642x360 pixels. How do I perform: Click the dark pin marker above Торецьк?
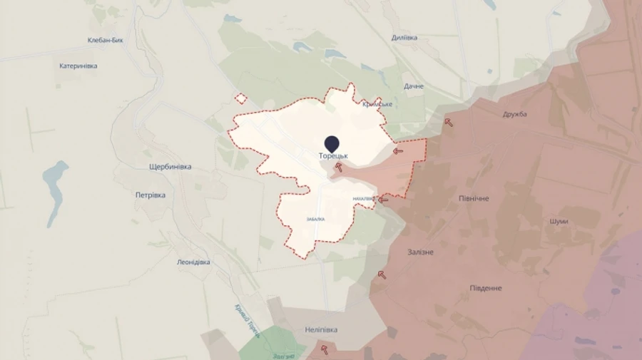pyautogui.click(x=332, y=143)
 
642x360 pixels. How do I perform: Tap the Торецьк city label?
pyautogui.click(x=333, y=155)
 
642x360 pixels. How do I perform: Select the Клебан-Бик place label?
pyautogui.click(x=106, y=41)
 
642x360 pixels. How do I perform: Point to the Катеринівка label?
pyautogui.click(x=78, y=66)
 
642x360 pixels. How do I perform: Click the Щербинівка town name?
pyautogui.click(x=170, y=167)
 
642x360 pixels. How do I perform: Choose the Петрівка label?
pyautogui.click(x=151, y=195)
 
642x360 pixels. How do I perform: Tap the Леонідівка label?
pyautogui.click(x=193, y=262)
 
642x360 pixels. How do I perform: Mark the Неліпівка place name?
pyautogui.click(x=321, y=330)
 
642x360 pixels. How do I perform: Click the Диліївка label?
pyautogui.click(x=404, y=38)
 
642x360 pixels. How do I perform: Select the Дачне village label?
pyautogui.click(x=414, y=86)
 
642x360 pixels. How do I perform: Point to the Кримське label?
pyautogui.click(x=377, y=104)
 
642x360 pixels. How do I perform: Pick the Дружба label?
pyautogui.click(x=514, y=114)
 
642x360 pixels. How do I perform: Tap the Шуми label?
pyautogui.click(x=559, y=221)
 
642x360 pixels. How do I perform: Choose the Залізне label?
pyautogui.click(x=420, y=252)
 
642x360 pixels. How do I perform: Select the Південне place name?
pyautogui.click(x=486, y=288)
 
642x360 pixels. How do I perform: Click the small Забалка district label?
pyautogui.click(x=315, y=219)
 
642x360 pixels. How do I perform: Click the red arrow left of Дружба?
pyautogui.click(x=449, y=122)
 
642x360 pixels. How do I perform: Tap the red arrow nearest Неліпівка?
pyautogui.click(x=325, y=349)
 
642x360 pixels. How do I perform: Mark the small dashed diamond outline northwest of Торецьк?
pyautogui.click(x=241, y=99)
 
